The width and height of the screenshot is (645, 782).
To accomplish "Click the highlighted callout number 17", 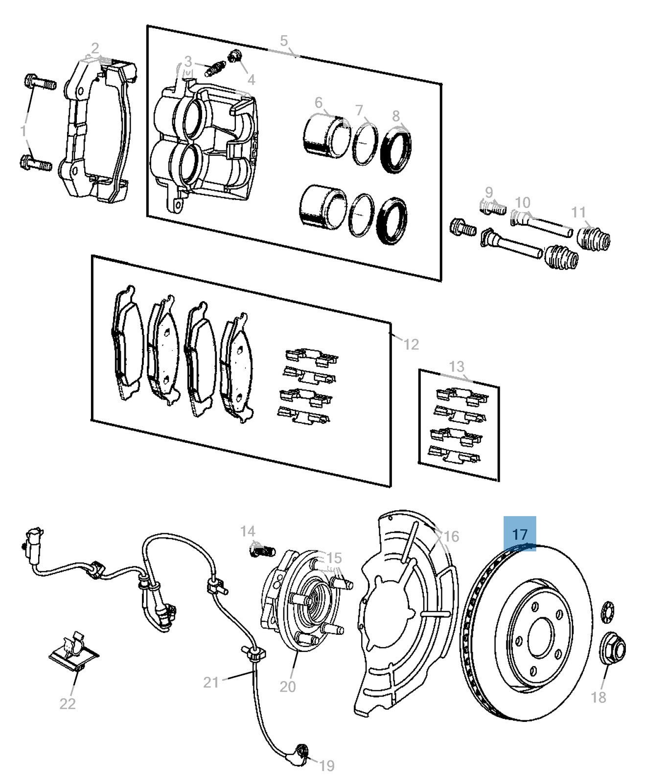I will tap(520, 534).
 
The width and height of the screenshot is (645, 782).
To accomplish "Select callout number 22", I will tap(68, 703).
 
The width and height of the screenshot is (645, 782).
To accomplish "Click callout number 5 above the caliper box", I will tap(284, 42).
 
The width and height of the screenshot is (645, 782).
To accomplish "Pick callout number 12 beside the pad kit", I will tap(411, 345).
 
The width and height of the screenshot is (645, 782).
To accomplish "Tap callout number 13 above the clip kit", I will tap(456, 367).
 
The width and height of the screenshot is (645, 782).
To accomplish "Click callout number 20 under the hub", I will tap(288, 687).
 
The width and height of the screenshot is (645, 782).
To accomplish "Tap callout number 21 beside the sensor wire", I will tap(211, 682).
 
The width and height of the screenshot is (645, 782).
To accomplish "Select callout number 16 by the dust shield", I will tap(451, 537).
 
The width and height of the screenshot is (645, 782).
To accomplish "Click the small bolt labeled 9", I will tap(492, 207).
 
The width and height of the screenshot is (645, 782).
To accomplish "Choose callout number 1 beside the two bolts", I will tap(23, 131).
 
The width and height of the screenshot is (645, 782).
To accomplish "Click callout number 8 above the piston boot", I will tap(396, 116).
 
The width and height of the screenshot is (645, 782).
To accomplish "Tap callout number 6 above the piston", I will tap(319, 103).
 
